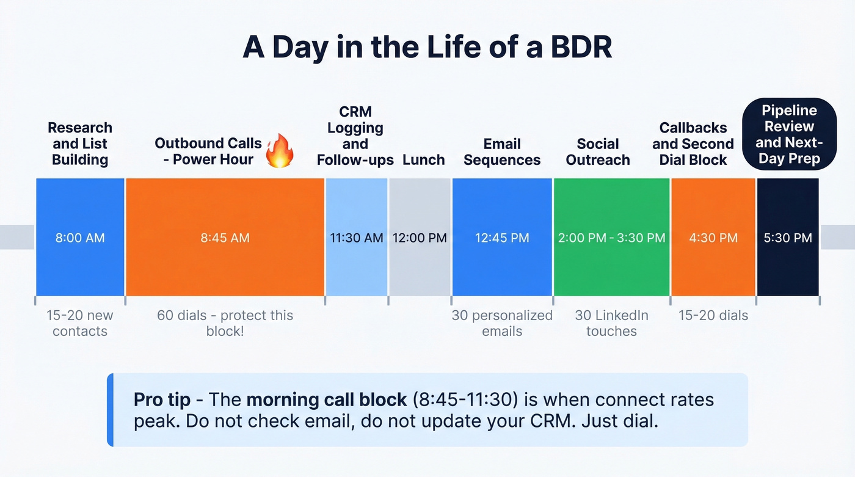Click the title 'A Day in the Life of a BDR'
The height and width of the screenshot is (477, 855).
point(427,48)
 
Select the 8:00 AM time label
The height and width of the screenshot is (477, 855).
point(80,238)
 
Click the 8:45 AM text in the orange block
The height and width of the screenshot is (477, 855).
point(225,238)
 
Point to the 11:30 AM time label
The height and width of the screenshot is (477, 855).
point(357,238)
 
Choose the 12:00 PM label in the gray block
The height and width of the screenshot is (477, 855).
point(420,238)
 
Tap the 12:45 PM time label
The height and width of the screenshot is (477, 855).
point(502,238)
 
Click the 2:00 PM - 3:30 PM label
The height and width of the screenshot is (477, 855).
point(611,238)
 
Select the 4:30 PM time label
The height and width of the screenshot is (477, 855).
point(713,238)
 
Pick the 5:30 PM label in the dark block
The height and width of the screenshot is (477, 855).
point(788,238)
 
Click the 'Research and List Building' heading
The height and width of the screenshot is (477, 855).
point(80,144)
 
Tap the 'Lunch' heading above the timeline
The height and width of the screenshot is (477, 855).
point(424,160)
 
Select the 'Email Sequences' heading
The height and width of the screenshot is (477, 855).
point(502,152)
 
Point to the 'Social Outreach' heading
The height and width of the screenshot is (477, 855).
point(598,152)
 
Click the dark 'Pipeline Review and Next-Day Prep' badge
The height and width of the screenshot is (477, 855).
point(788,135)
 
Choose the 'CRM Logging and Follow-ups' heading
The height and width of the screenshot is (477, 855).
point(355,136)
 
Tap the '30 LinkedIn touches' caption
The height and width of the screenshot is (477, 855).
point(611,323)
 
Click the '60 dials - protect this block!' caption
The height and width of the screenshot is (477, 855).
point(225,323)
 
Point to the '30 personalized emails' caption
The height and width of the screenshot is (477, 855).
point(502,323)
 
